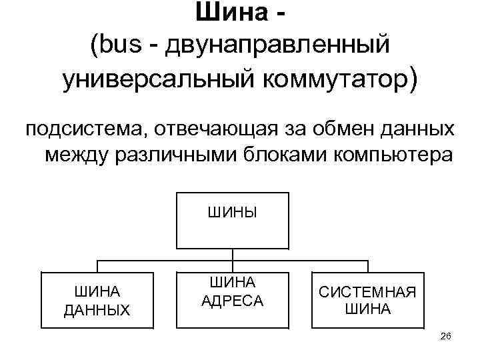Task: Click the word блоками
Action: pyautogui.click(x=300, y=155)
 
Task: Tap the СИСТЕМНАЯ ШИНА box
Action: pyautogui.click(x=367, y=300)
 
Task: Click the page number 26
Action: pyautogui.click(x=446, y=337)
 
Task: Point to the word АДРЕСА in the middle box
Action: pyautogui.click(x=232, y=301)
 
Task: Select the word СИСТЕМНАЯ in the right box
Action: pyautogui.click(x=367, y=292)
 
